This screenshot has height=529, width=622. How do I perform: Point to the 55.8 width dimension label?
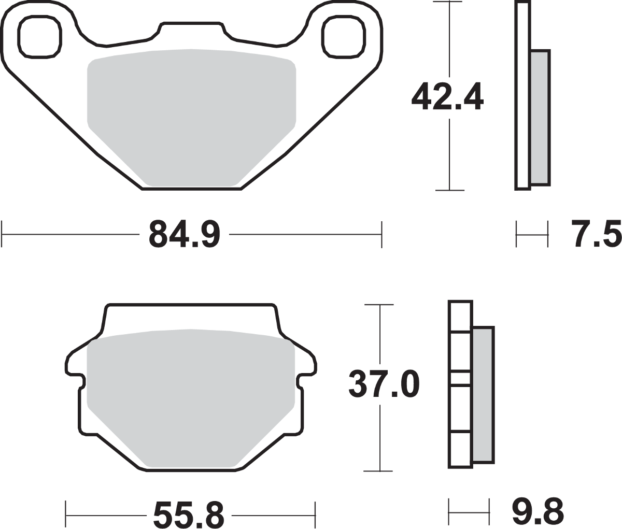pyautogui.click(x=189, y=515)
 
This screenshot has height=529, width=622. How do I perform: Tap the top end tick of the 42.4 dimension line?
pyautogui.click(x=449, y=2)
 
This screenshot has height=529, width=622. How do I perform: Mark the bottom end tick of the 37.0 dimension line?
pyautogui.click(x=380, y=470)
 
